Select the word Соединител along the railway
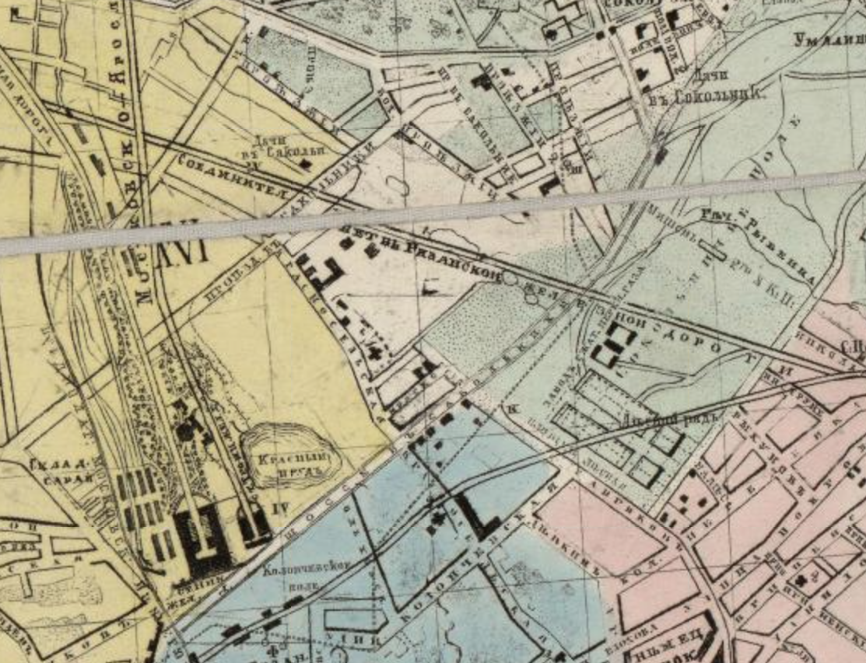(226, 175)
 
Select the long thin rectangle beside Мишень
(715, 249)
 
